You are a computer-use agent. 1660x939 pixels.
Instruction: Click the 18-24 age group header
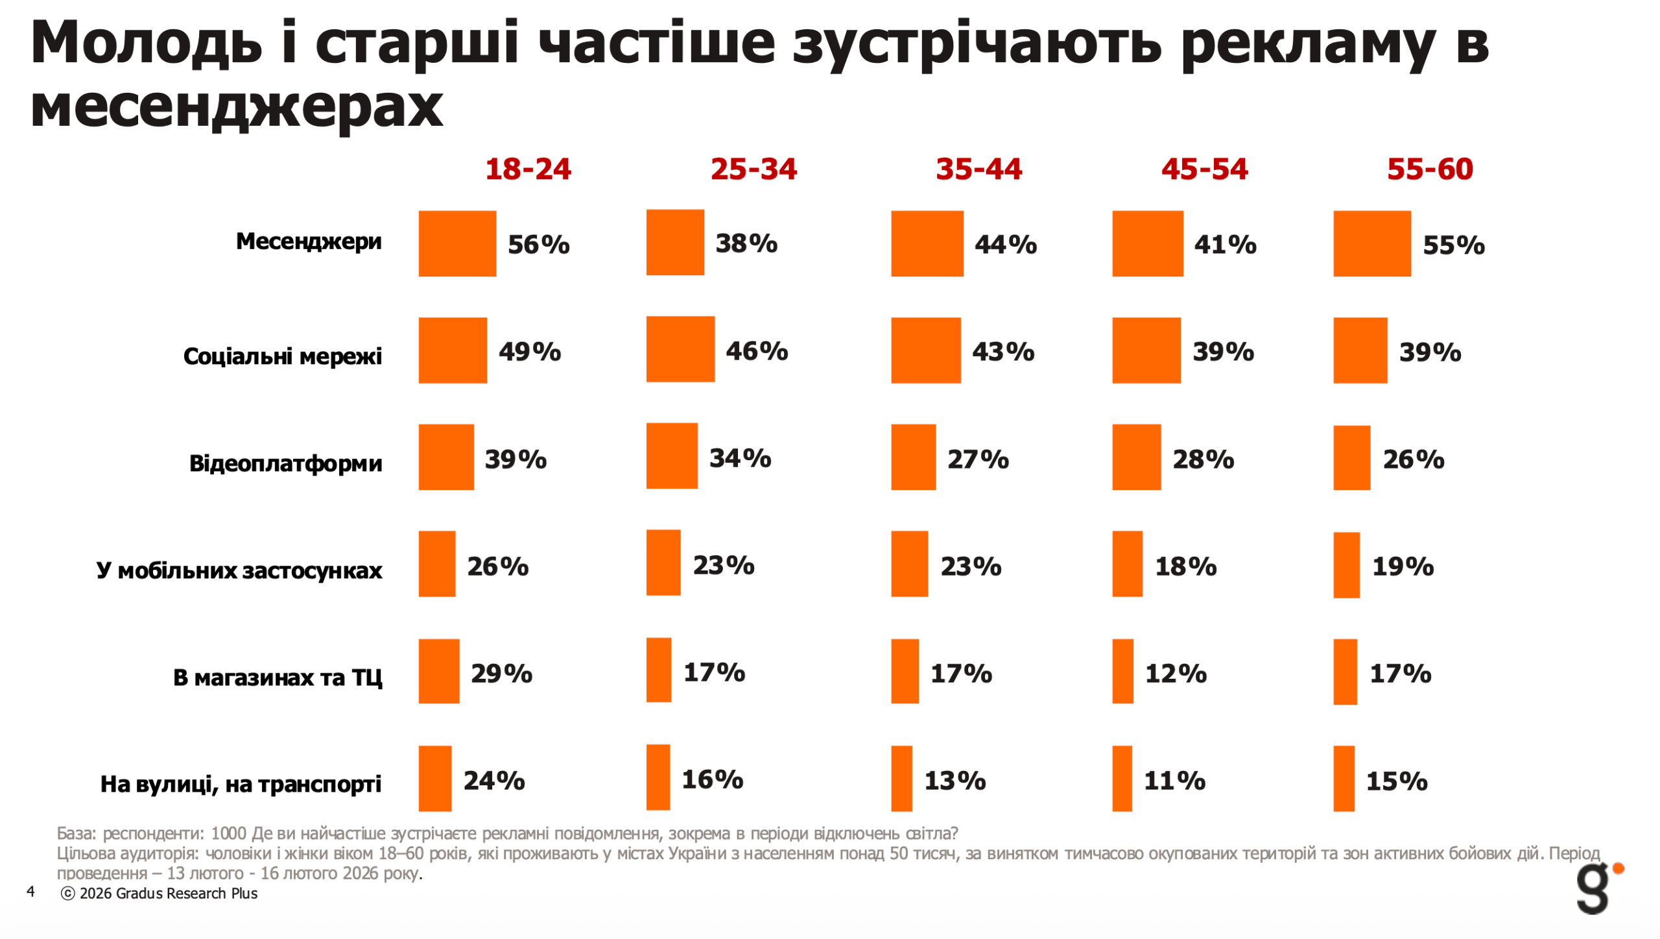pyautogui.click(x=528, y=169)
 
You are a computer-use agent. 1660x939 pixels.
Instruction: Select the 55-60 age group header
pyautogui.click(x=1429, y=169)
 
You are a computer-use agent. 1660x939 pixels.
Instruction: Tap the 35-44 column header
pyautogui.click(x=978, y=169)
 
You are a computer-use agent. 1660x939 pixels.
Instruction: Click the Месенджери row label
pyautogui.click(x=309, y=241)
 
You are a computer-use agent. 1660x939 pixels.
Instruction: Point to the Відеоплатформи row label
pyautogui.click(x=285, y=463)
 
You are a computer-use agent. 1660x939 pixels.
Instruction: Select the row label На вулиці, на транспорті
pyautogui.click(x=241, y=784)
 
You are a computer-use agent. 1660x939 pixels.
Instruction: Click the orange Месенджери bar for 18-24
pyautogui.click(x=457, y=243)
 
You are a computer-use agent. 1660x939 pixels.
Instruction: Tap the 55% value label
pyautogui.click(x=1453, y=245)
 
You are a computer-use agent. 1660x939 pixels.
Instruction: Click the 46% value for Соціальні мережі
pyautogui.click(x=757, y=351)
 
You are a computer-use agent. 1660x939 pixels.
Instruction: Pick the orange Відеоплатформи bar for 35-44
pyautogui.click(x=913, y=457)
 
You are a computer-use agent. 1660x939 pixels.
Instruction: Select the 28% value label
pyautogui.click(x=1203, y=459)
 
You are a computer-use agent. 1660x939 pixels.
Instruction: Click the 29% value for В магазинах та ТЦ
pyautogui.click(x=501, y=674)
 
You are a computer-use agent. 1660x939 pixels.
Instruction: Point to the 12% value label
pyautogui.click(x=1176, y=674)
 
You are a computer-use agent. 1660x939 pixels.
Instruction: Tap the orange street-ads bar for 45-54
pyautogui.click(x=1122, y=778)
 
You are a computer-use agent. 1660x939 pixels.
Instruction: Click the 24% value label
pyautogui.click(x=494, y=781)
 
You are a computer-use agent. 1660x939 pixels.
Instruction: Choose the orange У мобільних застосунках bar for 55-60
pyautogui.click(x=1346, y=565)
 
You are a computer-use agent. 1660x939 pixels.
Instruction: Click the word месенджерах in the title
pyautogui.click(x=237, y=107)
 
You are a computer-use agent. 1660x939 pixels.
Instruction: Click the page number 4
pyautogui.click(x=30, y=892)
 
